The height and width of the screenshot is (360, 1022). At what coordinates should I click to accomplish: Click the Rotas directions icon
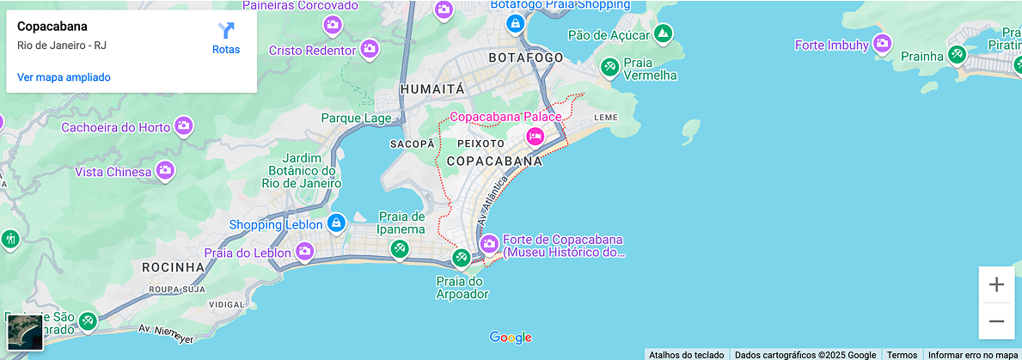tap(226, 32)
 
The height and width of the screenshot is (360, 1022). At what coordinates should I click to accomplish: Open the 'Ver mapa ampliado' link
tap(64, 77)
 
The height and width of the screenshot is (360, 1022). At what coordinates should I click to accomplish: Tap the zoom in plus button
tap(996, 284)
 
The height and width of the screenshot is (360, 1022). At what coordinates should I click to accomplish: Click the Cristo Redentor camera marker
tap(370, 49)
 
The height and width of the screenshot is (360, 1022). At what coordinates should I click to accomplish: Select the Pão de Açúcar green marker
tap(662, 34)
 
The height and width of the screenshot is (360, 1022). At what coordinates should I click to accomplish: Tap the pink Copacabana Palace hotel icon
tap(535, 136)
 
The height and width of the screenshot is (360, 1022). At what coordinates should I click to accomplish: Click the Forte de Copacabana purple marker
tap(489, 244)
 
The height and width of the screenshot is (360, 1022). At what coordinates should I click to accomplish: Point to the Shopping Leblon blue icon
tap(336, 223)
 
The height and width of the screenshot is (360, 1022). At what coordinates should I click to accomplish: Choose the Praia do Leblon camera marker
tap(304, 252)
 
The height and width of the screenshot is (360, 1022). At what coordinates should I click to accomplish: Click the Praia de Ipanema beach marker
tap(399, 249)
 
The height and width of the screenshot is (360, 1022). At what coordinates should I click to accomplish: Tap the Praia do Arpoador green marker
tap(462, 258)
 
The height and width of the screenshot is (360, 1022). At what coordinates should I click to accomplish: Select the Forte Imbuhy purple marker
tap(882, 44)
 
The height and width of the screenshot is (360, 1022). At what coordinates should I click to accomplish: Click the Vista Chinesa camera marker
tap(165, 171)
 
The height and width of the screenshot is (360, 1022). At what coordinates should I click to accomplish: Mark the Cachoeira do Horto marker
tap(183, 127)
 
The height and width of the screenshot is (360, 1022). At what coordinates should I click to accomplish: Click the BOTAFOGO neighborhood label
tap(525, 58)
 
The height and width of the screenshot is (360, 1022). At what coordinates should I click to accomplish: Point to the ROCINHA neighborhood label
tap(173, 267)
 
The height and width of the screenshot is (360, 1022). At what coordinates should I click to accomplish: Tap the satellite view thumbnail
tap(25, 332)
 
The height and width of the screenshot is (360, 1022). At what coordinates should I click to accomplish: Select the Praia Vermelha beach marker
tap(609, 66)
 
